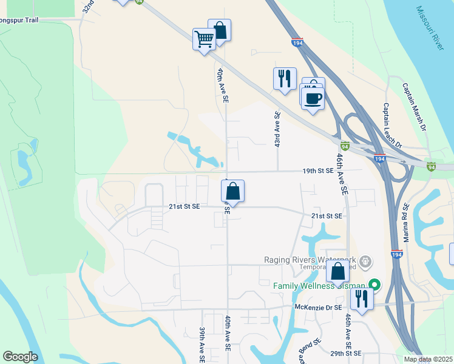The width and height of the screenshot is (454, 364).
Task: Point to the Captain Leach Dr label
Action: (392, 125)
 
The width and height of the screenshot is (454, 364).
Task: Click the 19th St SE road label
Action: (319, 171)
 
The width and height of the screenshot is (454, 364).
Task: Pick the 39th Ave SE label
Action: (202, 345)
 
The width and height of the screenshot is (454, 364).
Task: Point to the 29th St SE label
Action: (346, 353)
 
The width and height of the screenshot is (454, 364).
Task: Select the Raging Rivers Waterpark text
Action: (310, 260)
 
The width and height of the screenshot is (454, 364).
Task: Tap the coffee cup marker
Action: (313, 98)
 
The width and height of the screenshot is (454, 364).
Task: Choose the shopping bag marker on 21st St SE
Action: (233, 192)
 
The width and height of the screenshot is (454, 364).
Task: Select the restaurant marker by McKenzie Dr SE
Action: (362, 298)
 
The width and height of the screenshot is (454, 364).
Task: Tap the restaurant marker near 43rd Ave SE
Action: (284, 79)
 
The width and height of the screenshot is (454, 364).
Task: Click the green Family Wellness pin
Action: (374, 284)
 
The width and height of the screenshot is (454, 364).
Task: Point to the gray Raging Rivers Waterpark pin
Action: (365, 261)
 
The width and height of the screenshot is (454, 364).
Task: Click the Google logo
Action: (20, 357)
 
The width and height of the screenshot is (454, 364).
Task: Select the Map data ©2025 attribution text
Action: (428, 359)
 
